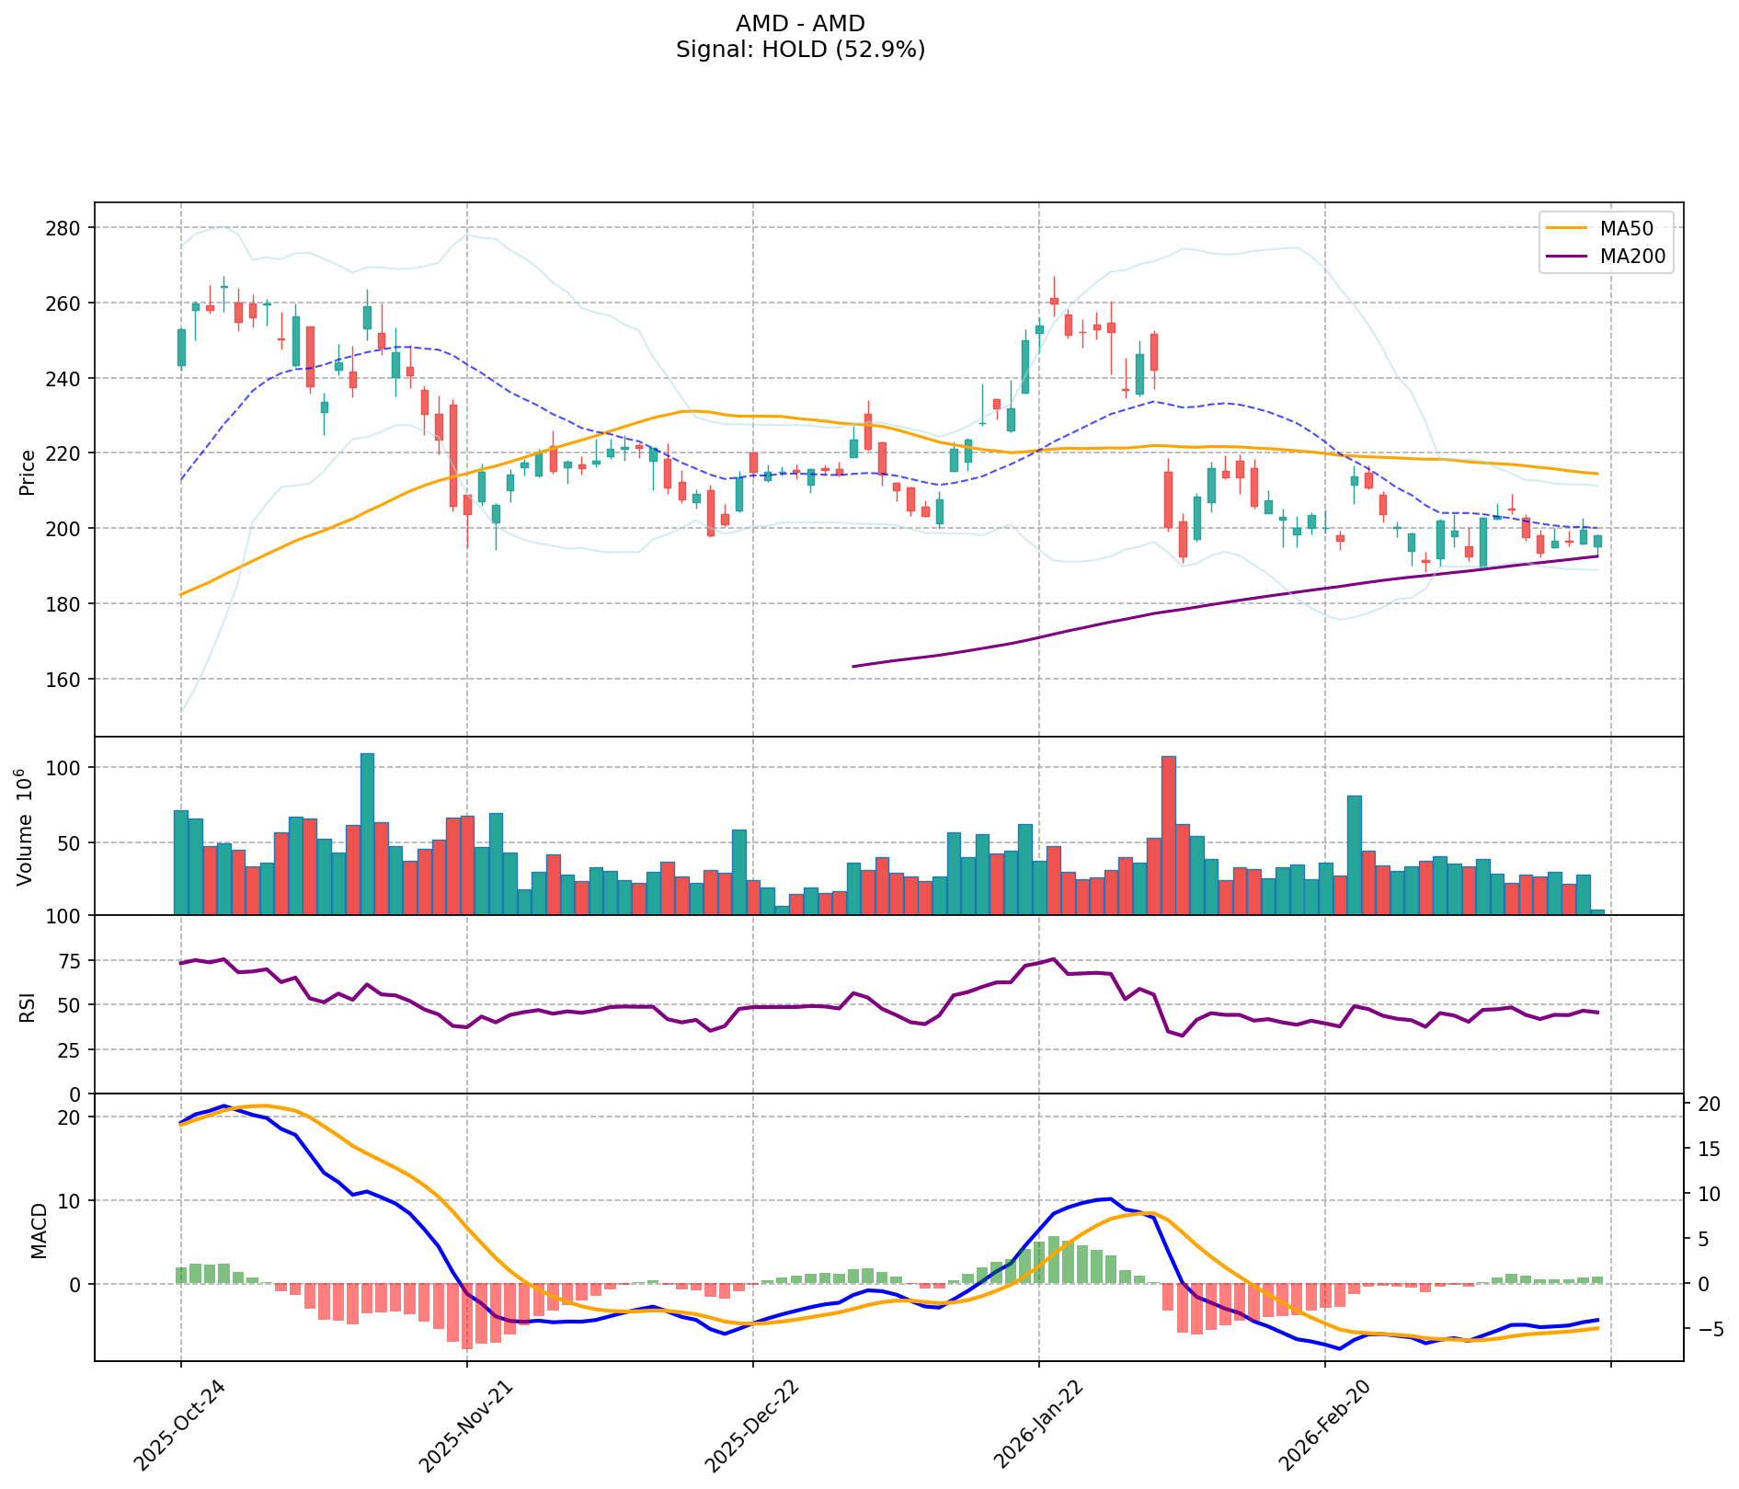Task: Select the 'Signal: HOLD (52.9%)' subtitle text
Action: click(x=800, y=50)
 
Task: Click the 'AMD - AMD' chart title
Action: click(x=800, y=23)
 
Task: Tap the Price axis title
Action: click(x=28, y=472)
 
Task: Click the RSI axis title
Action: click(x=28, y=1006)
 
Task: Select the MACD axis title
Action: click(x=39, y=1231)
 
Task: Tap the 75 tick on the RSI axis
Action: click(x=72, y=961)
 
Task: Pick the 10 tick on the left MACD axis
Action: click(x=72, y=1201)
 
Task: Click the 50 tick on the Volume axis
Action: click(x=72, y=842)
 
